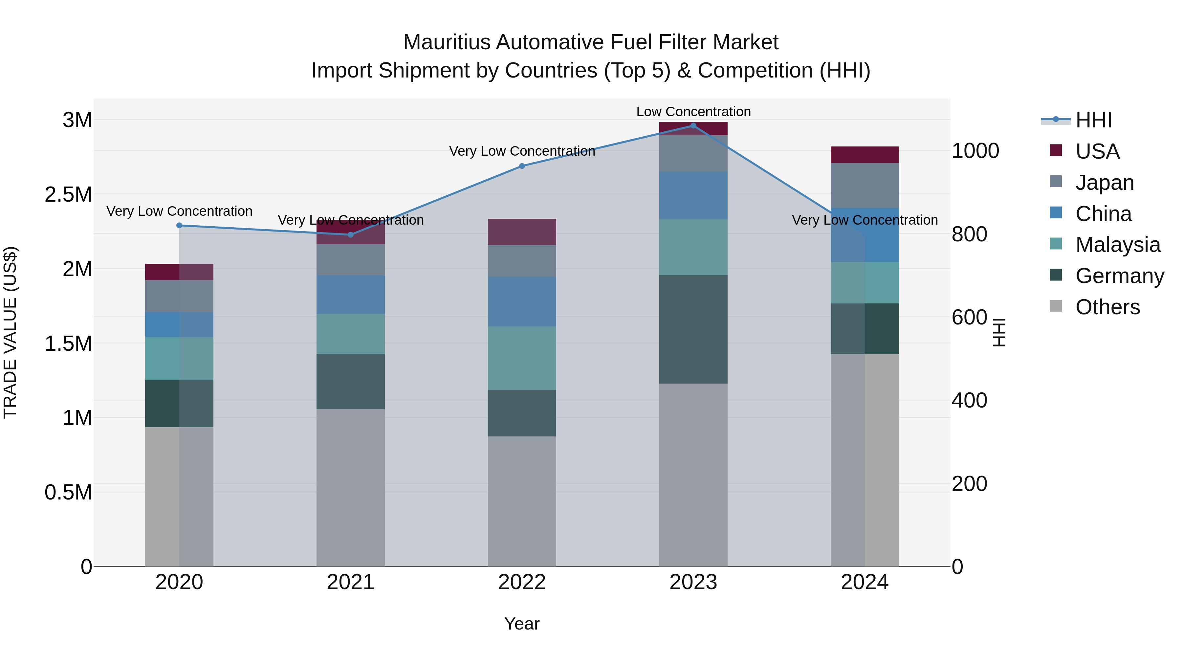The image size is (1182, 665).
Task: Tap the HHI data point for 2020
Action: point(179,225)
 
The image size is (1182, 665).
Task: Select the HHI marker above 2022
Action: point(522,166)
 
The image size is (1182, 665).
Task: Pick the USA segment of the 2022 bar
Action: point(522,232)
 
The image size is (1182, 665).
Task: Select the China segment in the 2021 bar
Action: point(351,295)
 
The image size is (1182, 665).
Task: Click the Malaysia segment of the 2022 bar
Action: point(522,358)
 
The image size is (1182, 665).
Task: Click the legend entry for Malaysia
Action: point(1117,245)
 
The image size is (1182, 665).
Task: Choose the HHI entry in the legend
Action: point(1093,120)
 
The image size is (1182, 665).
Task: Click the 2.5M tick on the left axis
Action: point(68,195)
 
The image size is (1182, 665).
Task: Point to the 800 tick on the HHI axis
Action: point(969,234)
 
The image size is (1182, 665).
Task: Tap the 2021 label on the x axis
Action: point(351,582)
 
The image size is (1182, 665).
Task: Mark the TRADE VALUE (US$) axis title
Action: point(10,332)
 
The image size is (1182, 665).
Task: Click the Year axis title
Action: point(522,624)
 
